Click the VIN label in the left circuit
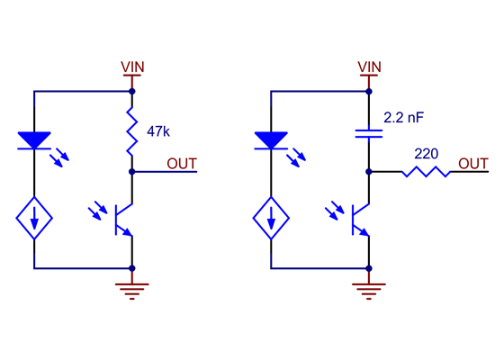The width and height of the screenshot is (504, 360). coord(132,67)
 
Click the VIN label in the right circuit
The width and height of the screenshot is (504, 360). coord(369,67)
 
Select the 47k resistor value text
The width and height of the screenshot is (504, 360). coord(157,131)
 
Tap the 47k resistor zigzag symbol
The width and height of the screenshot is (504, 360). coord(132,130)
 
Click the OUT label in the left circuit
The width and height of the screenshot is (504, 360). coord(182,163)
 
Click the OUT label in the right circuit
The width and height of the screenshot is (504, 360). coord(473,163)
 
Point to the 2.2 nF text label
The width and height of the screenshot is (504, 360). coord(404,117)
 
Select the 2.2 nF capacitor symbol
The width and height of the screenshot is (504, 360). coord(369,134)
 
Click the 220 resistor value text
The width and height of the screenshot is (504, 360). coord(427,153)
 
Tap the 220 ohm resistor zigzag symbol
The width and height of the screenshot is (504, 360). coord(426,171)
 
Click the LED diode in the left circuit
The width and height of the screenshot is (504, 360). coord(34,140)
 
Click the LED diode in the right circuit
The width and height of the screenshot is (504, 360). coord(271,140)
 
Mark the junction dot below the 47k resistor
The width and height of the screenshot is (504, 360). coord(132,171)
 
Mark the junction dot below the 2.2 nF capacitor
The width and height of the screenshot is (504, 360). coord(369,171)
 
